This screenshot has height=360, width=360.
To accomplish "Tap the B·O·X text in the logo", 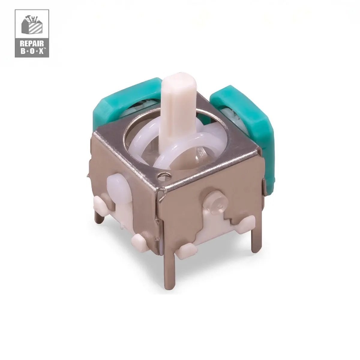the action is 31,51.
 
